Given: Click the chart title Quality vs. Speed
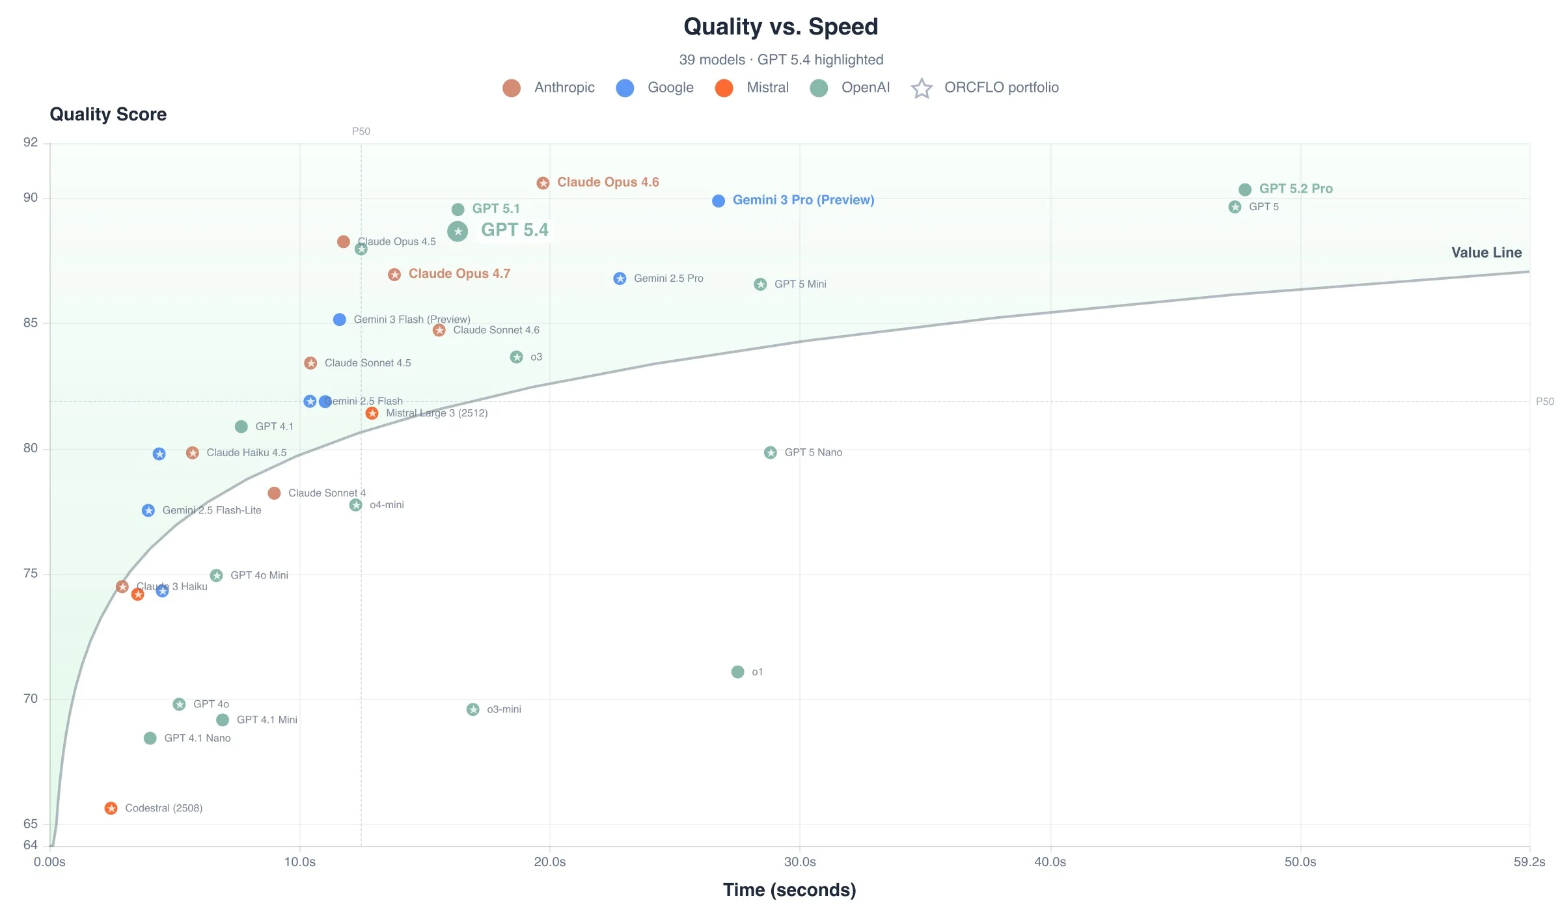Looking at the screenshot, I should pyautogui.click(x=780, y=27).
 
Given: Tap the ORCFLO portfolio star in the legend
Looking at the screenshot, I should pyautogui.click(x=922, y=88).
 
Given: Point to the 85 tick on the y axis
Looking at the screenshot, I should pyautogui.click(x=31, y=323).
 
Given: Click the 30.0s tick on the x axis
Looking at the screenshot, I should pyautogui.click(x=800, y=862).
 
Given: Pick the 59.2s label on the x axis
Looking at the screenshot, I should pyautogui.click(x=1529, y=862).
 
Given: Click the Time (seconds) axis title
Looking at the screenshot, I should pyautogui.click(x=789, y=890).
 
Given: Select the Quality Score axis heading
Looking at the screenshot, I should pyautogui.click(x=108, y=115).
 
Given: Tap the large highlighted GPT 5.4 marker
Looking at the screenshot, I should pyautogui.click(x=458, y=231).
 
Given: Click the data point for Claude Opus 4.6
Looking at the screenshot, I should pyautogui.click(x=543, y=183).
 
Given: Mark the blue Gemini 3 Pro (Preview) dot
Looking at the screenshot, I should pyautogui.click(x=719, y=201).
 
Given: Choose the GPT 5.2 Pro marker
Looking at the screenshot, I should pyautogui.click(x=1245, y=189).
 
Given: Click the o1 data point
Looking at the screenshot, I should pyautogui.click(x=737, y=672).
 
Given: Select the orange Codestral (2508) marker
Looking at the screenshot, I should pyautogui.click(x=111, y=808).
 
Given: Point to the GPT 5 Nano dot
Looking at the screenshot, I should pyautogui.click(x=771, y=452).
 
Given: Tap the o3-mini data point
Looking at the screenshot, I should pyautogui.click(x=473, y=709).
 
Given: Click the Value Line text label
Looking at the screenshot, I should pyautogui.click(x=1486, y=252).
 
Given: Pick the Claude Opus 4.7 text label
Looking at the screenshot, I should pyautogui.click(x=459, y=274).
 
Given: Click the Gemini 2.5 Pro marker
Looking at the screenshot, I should pyautogui.click(x=620, y=279).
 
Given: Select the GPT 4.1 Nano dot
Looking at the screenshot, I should pyautogui.click(x=150, y=738).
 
